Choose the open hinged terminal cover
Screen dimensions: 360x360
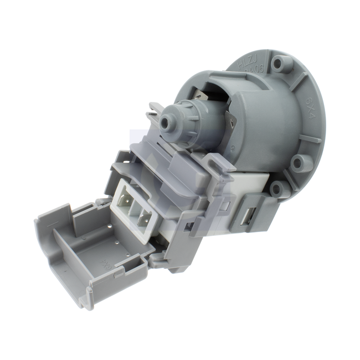(89, 249)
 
